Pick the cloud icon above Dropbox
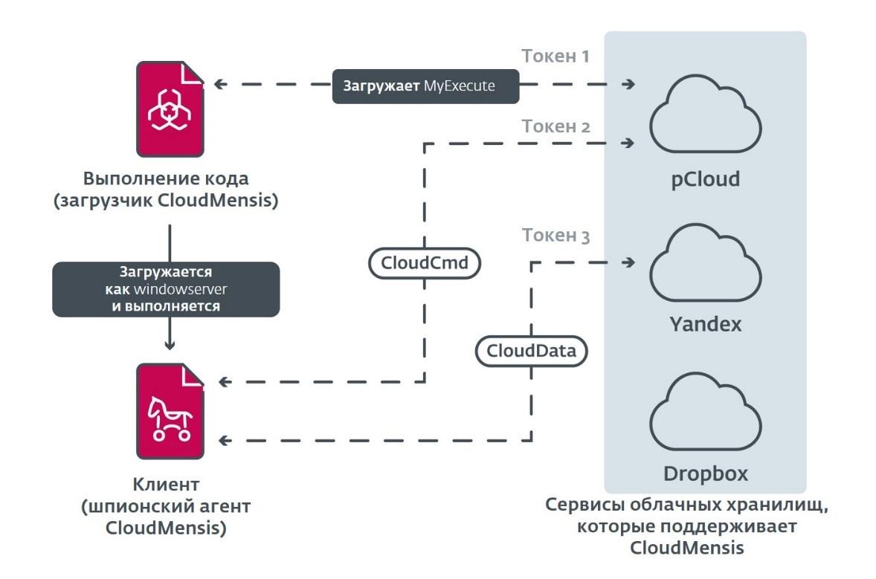click(x=705, y=413)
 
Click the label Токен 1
click(x=555, y=56)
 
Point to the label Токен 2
click(x=555, y=126)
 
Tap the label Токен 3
click(x=555, y=236)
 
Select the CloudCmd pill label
click(x=425, y=263)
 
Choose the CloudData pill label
click(x=532, y=351)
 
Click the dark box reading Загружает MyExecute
click(x=425, y=85)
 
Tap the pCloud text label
click(x=705, y=179)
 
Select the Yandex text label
click(x=705, y=324)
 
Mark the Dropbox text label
click(x=705, y=473)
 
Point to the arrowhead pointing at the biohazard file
click(x=219, y=85)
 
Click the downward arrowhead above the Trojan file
click(x=170, y=343)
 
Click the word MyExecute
click(x=460, y=86)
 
